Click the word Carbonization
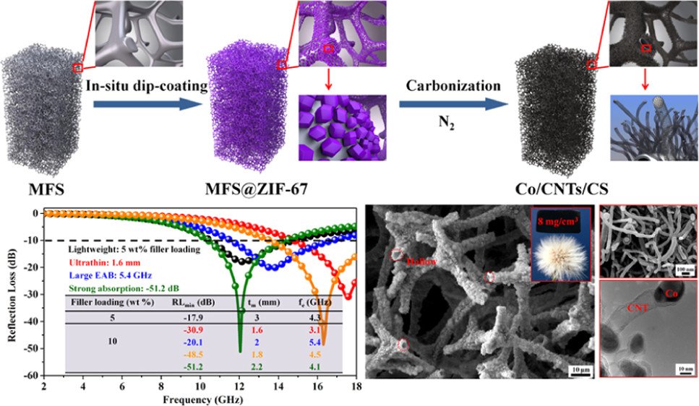point(452,86)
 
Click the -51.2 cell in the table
point(186,368)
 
